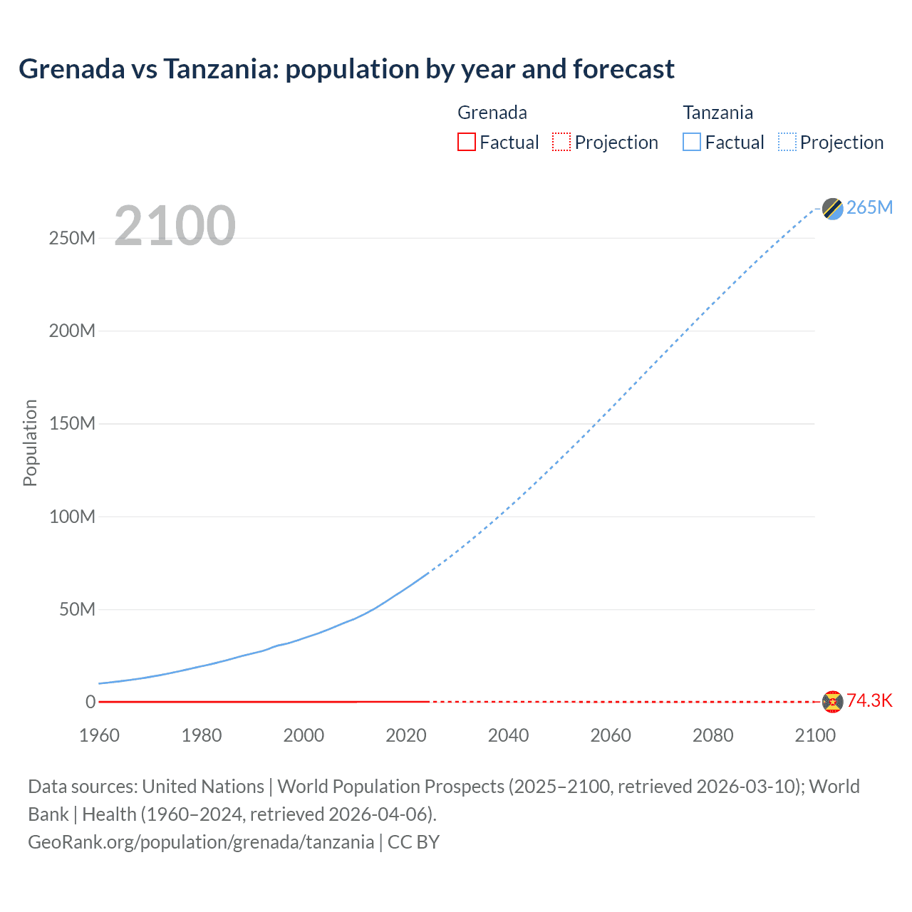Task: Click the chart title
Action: [x=346, y=69]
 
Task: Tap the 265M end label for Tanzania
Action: [x=869, y=207]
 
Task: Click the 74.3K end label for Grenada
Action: [x=869, y=700]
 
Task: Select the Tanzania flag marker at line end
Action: [x=832, y=208]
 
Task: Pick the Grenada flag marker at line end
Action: [x=832, y=701]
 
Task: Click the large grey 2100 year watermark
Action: [x=175, y=226]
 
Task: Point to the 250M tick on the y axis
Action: [x=72, y=238]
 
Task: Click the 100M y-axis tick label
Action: [x=72, y=517]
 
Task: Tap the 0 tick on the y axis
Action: [x=90, y=702]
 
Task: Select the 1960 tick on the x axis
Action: [x=99, y=735]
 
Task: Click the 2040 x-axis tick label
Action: [x=508, y=735]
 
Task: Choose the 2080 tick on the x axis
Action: [x=712, y=735]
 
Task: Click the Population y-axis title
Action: [x=30, y=442]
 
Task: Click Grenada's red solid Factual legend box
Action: [x=466, y=142]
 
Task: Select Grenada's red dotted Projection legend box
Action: [x=561, y=142]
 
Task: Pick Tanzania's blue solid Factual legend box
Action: [x=692, y=142]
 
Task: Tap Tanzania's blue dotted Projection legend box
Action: [x=787, y=142]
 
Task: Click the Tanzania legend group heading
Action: [x=717, y=113]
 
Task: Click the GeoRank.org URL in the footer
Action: [x=201, y=842]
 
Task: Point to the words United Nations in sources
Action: [x=203, y=787]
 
